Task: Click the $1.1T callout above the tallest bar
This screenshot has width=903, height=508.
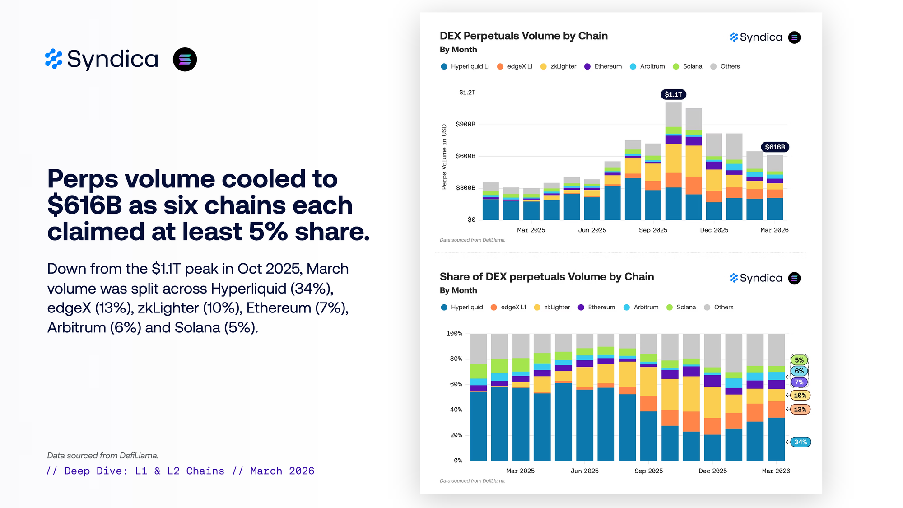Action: [x=673, y=94]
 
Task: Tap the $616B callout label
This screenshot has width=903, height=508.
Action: [x=775, y=147]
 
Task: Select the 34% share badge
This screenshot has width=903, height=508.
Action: [x=800, y=442]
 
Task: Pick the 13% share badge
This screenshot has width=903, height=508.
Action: [x=800, y=410]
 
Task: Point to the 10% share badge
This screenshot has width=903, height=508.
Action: [x=800, y=396]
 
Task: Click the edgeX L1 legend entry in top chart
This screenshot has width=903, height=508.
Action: [x=515, y=66]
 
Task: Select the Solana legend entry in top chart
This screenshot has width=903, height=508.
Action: [x=688, y=66]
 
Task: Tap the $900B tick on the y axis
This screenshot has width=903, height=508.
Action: [x=465, y=124]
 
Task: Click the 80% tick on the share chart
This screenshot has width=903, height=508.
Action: [x=456, y=359]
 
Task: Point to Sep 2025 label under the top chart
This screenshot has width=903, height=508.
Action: [x=653, y=230]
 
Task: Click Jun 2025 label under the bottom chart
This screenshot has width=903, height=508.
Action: [x=584, y=471]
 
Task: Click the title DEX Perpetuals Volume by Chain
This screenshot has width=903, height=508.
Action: [x=524, y=36]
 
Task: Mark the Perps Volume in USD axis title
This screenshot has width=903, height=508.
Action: [x=444, y=157]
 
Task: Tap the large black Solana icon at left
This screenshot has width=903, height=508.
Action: [x=185, y=60]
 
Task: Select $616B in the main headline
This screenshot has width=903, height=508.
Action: [x=84, y=205]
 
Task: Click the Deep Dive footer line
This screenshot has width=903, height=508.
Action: [x=180, y=471]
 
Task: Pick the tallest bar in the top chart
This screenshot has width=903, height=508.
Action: [x=673, y=161]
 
